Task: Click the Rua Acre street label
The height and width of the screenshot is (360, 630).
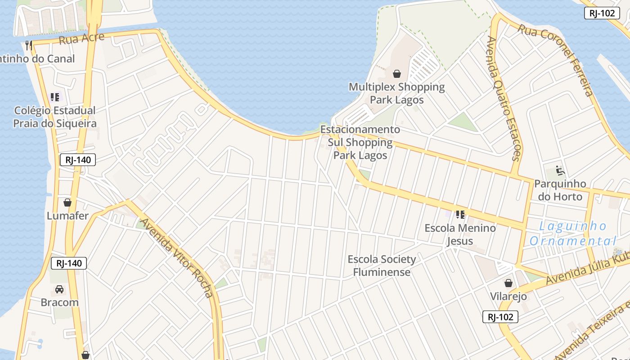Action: [81, 39]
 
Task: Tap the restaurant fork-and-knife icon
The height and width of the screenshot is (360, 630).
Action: [29, 45]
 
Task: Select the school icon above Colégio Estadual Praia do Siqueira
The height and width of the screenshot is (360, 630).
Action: [55, 97]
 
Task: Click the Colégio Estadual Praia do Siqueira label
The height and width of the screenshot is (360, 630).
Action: [55, 117]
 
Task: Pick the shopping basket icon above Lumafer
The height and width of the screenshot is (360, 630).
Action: [67, 202]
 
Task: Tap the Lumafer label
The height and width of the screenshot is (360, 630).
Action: [68, 216]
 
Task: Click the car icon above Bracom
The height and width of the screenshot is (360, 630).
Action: [59, 289]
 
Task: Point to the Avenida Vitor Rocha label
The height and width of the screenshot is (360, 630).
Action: [177, 258]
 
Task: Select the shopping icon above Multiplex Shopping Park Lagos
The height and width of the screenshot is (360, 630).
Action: [397, 73]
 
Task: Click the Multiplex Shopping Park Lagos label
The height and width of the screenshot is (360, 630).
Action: [397, 93]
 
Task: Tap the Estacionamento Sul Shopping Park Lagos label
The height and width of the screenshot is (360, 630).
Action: [360, 142]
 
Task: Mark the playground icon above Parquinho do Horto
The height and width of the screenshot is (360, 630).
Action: [560, 171]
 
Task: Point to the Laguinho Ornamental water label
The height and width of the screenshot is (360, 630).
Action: [573, 234]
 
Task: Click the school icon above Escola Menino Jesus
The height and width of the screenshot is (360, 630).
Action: [460, 215]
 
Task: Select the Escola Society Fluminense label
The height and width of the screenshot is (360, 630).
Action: [382, 265]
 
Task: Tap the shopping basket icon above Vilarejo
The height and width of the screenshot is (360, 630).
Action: [508, 283]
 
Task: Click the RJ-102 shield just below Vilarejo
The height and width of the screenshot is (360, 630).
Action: [500, 317]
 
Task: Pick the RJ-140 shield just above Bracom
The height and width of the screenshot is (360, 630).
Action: [69, 263]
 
